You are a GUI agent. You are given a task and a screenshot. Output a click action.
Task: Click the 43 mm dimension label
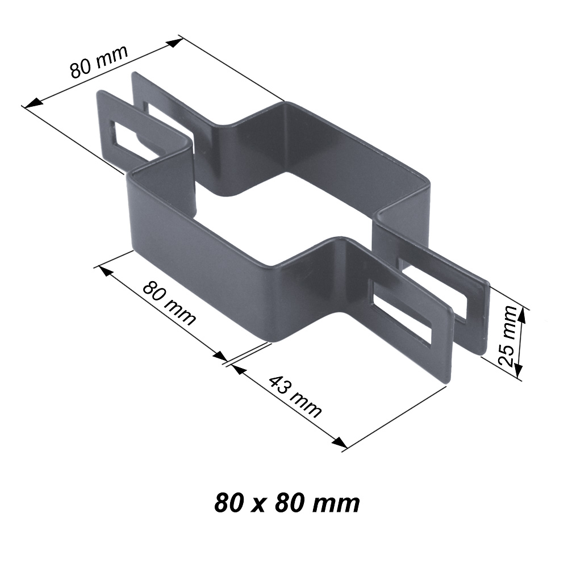pos(294,397)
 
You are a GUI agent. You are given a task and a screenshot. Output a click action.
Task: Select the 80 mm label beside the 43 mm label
pos(169,303)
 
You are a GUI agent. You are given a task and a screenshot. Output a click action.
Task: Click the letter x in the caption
pos(260,504)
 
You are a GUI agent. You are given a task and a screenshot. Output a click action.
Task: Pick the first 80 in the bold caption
pos(228,503)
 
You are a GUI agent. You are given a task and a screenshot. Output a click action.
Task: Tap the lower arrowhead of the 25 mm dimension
pos(519,370)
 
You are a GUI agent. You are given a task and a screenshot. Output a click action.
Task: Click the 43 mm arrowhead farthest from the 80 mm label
pos(340,442)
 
